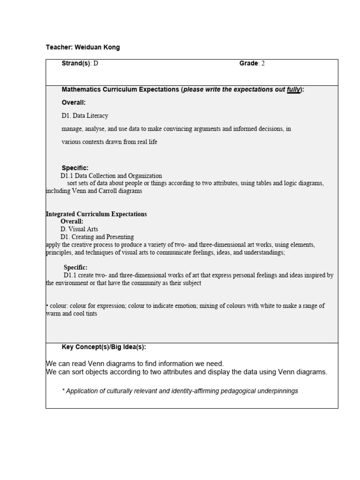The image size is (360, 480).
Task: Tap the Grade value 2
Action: click(x=263, y=64)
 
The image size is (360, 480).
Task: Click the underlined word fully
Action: click(x=293, y=90)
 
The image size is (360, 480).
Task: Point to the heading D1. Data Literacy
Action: click(x=85, y=116)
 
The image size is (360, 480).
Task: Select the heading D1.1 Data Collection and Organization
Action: click(x=112, y=176)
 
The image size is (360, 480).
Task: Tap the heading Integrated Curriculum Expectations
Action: click(x=97, y=214)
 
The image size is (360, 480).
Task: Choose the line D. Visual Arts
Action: click(x=78, y=229)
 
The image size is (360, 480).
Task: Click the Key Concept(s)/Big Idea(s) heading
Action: click(x=104, y=347)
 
